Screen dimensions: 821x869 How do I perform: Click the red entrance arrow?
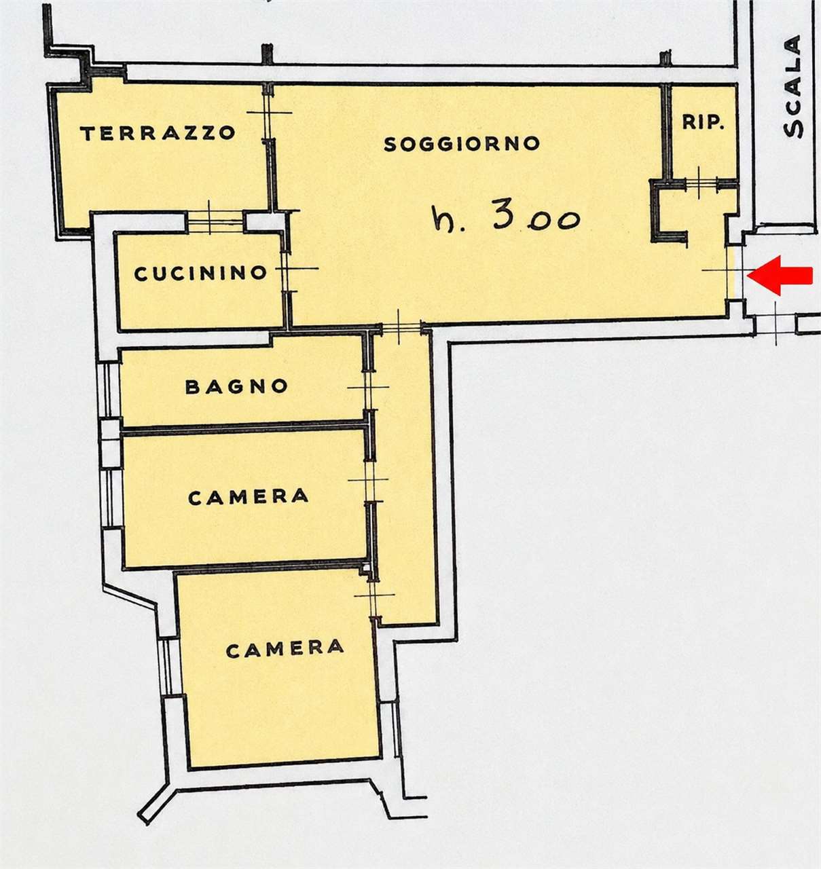pyautogui.click(x=780, y=276)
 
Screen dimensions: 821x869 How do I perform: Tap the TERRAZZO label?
pyautogui.click(x=158, y=133)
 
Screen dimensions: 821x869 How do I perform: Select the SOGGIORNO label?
pyautogui.click(x=462, y=143)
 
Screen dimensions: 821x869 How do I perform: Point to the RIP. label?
pyautogui.click(x=704, y=122)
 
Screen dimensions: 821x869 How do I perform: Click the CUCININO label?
pyautogui.click(x=200, y=274)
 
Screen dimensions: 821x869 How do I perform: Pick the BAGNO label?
pyautogui.click(x=236, y=386)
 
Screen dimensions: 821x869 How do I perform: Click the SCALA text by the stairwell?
pyautogui.click(x=793, y=87)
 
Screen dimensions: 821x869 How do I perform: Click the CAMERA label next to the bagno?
pyautogui.click(x=249, y=497)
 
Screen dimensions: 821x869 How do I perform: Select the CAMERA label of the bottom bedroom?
pyautogui.click(x=285, y=649)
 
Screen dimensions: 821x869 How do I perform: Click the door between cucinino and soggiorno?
pyautogui.click(x=287, y=269)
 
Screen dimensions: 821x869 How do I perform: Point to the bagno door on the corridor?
pyautogui.click(x=369, y=388)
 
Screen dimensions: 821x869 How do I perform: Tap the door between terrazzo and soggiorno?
pyautogui.click(x=268, y=113)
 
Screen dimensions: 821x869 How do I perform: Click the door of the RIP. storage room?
pyautogui.click(x=701, y=181)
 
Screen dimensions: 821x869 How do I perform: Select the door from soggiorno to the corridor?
pyautogui.click(x=400, y=327)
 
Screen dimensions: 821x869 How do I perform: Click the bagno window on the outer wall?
pyautogui.click(x=108, y=388)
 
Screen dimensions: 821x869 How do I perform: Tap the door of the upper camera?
pyautogui.click(x=369, y=480)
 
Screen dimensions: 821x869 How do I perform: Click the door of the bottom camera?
pyautogui.click(x=373, y=595)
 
